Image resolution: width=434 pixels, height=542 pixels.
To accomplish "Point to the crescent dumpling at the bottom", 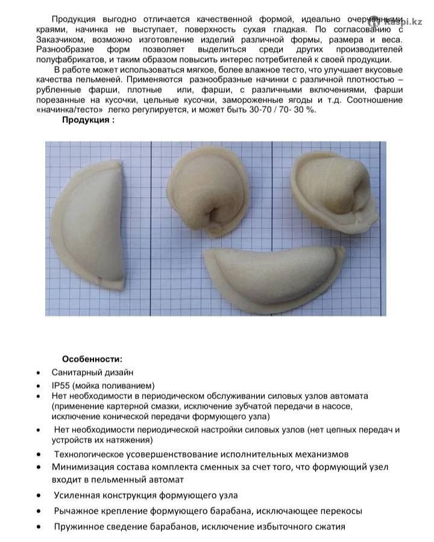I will pyautogui.click(x=274, y=275).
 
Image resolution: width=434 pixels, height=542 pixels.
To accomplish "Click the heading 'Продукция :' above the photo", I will pyautogui.click(x=88, y=119).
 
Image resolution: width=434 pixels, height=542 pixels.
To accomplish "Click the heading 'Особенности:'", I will pyautogui.click(x=92, y=359).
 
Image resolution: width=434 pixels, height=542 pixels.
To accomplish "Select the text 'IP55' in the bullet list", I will pyautogui.click(x=62, y=385).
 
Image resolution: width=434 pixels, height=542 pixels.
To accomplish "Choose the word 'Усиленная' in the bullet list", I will pyautogui.click(x=75, y=495).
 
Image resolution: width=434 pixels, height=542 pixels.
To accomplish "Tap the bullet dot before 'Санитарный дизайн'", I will pyautogui.click(x=39, y=373).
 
